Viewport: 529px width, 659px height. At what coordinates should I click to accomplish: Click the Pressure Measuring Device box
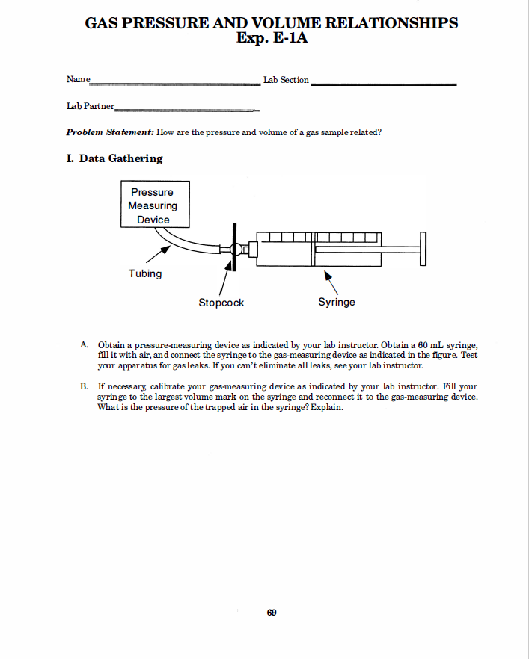[155, 205]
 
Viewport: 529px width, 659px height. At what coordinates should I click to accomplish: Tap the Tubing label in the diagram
[145, 273]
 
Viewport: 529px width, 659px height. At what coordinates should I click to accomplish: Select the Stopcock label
[221, 303]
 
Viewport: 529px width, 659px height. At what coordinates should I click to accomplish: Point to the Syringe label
[337, 302]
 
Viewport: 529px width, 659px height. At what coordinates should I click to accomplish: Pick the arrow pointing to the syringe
[330, 282]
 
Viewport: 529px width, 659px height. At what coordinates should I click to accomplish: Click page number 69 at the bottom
[272, 613]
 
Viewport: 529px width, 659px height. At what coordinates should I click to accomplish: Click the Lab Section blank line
[382, 84]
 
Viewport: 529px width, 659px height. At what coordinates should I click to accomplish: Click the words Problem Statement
[110, 132]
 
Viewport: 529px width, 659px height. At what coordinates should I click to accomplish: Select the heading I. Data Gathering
[114, 158]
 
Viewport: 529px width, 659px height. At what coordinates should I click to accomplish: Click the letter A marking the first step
[85, 345]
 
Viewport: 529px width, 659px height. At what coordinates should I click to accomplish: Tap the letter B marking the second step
[85, 387]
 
